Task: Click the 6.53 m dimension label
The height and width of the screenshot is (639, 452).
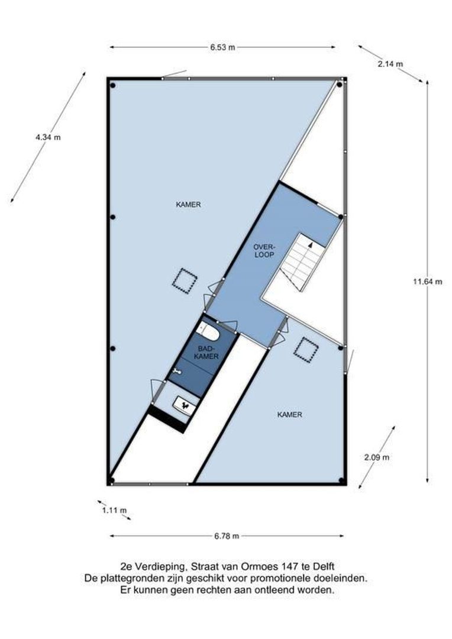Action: point(222,47)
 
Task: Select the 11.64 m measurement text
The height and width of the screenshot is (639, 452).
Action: point(427,282)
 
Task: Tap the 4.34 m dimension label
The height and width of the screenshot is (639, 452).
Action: point(48,137)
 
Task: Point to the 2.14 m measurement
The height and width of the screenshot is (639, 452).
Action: point(390,64)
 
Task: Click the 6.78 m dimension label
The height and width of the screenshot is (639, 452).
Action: point(227,536)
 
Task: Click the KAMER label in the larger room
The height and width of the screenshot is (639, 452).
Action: point(188,205)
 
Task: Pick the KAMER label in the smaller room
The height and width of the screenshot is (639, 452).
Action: point(289,415)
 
